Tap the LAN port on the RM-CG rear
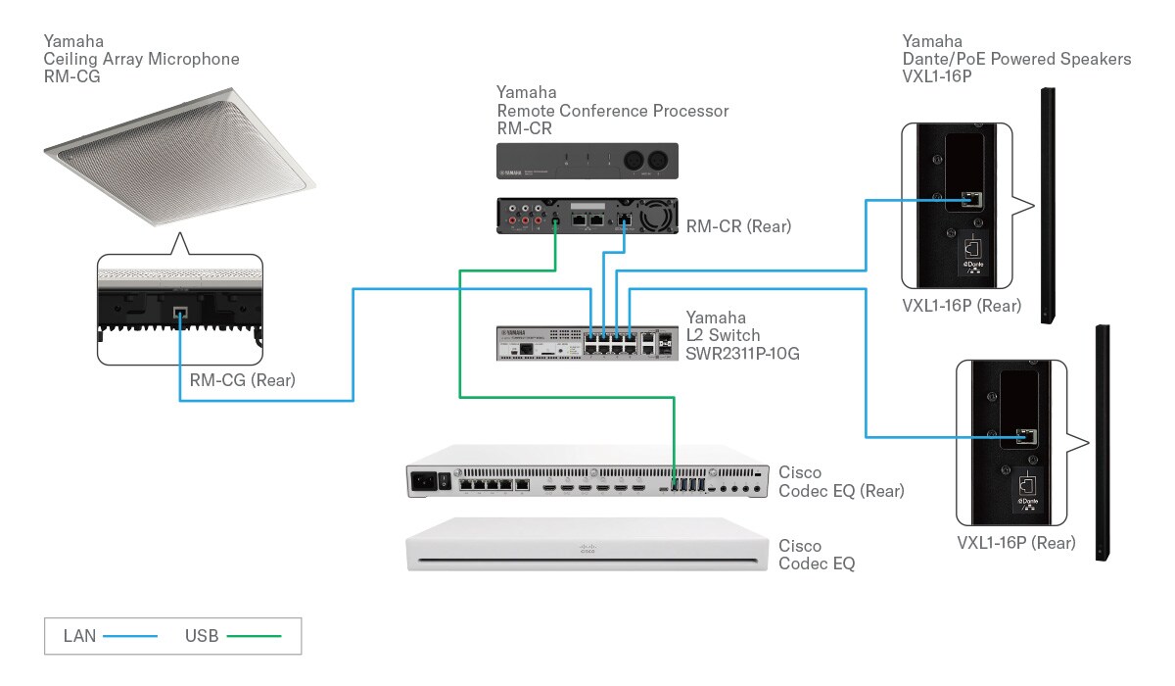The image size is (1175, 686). [x=179, y=316]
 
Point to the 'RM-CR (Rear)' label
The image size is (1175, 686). [x=738, y=226]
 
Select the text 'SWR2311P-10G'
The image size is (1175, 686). [x=742, y=353]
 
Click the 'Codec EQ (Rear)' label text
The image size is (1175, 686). [x=841, y=490]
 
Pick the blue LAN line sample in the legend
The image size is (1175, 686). [x=130, y=636]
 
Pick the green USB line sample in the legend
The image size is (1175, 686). [x=254, y=636]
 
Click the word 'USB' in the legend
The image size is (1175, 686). [x=201, y=636]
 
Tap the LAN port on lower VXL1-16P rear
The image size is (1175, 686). [x=1025, y=436]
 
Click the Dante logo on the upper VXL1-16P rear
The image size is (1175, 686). [x=970, y=268]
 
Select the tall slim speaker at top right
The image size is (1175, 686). [x=1048, y=206]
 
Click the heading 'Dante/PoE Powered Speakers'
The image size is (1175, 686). [x=1016, y=59]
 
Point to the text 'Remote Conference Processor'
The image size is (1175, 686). [x=613, y=111]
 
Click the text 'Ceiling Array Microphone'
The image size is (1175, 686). [x=141, y=59]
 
